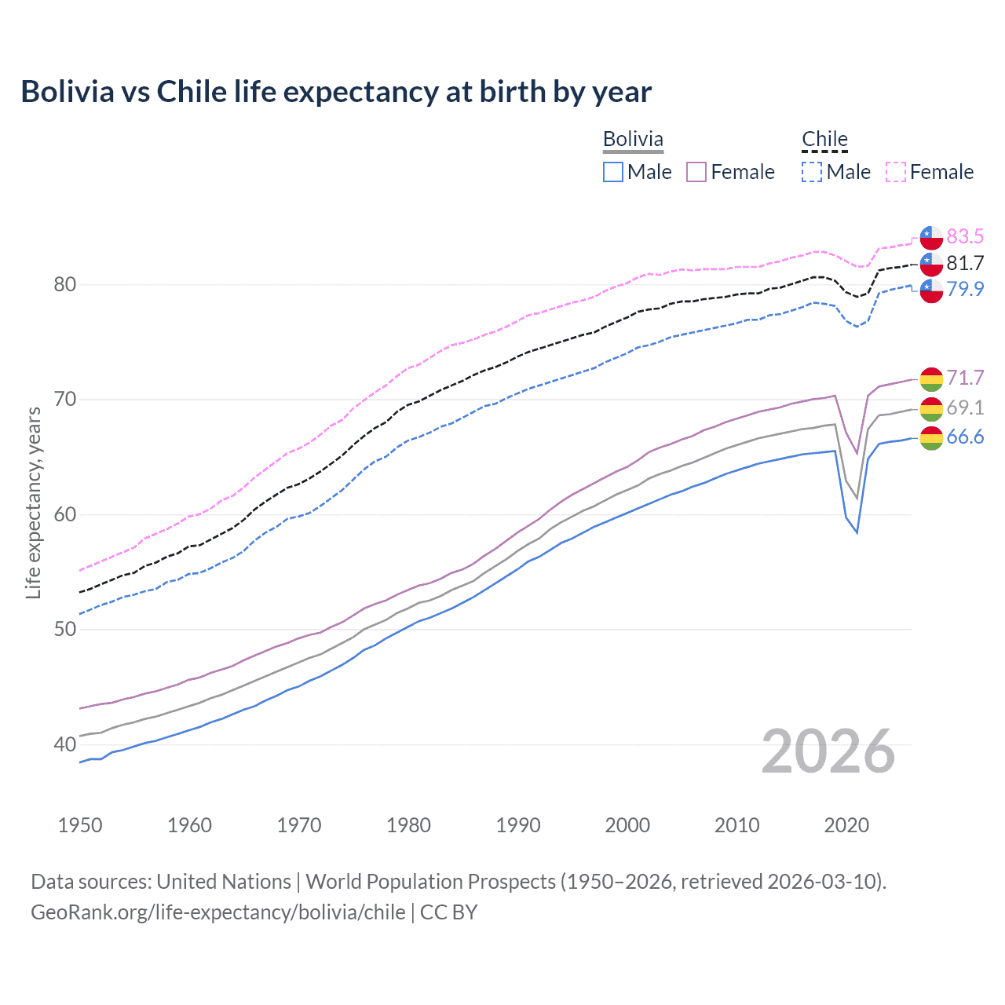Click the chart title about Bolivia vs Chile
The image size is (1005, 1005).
click(x=336, y=92)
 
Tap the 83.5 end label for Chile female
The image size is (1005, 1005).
click(x=965, y=236)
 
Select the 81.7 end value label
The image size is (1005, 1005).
click(x=965, y=263)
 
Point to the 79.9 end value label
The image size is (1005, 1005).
click(x=965, y=289)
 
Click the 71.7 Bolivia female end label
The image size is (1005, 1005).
click(x=965, y=378)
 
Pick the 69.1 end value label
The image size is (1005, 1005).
click(x=965, y=407)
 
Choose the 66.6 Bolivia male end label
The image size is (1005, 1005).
click(x=965, y=437)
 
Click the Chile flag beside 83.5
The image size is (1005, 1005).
click(x=931, y=236)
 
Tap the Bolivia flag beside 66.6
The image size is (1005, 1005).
click(x=931, y=438)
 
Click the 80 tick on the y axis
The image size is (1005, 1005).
click(x=65, y=284)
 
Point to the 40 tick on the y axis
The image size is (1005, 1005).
click(x=65, y=744)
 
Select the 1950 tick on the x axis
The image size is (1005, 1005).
click(x=80, y=825)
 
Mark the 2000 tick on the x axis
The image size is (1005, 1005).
click(x=627, y=825)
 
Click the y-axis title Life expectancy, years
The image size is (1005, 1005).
click(x=34, y=502)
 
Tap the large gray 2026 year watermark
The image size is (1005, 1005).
click(x=828, y=752)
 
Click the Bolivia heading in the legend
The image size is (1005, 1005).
click(x=633, y=139)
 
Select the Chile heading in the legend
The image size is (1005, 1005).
click(x=824, y=139)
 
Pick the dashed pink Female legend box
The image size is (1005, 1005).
click(x=896, y=172)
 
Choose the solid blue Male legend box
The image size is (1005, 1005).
click(x=613, y=172)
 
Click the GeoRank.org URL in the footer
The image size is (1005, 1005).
click(x=218, y=912)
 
